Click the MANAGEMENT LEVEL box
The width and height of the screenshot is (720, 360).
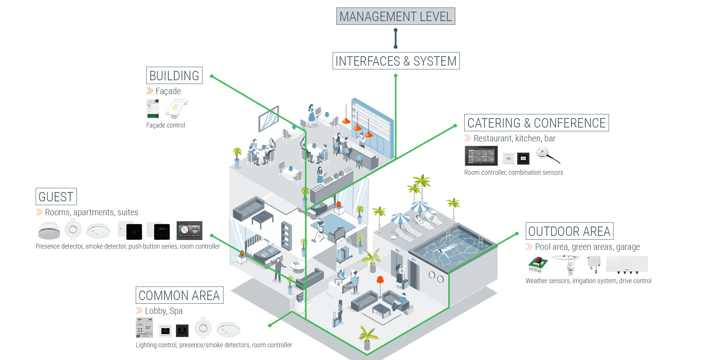396,16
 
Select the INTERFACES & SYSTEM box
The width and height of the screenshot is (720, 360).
396,61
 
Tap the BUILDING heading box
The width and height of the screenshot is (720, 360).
174,75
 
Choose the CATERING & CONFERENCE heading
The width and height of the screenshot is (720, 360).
536,123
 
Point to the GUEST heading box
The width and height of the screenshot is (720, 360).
56,196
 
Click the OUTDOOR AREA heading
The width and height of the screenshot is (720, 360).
569,231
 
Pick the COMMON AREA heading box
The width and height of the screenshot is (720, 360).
179,295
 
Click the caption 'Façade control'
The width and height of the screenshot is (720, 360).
165,125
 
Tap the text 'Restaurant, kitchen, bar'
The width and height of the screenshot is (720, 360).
514,138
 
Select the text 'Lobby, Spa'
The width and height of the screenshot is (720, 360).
163,311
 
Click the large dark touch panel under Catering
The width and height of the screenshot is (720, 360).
481,156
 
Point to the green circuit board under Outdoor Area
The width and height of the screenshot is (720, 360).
538,264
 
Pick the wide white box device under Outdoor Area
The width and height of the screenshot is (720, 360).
627,264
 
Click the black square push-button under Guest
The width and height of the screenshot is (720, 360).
134,232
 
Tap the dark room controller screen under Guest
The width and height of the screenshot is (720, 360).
189,230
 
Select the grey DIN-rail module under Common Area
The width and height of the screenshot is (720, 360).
144,327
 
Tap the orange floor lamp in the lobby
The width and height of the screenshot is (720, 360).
380,280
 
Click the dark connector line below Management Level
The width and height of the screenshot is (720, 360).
396,38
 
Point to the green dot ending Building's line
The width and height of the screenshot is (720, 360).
212,76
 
